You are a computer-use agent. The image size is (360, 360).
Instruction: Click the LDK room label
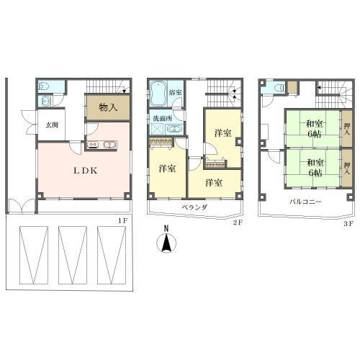pyautogui.click(x=86, y=171)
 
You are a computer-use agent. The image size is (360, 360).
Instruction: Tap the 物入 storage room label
pyautogui.click(x=108, y=107)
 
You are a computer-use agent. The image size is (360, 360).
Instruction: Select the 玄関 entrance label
pyautogui.click(x=52, y=125)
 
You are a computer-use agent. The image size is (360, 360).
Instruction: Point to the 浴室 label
pyautogui.click(x=175, y=92)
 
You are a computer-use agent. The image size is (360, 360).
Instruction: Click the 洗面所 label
pyautogui.click(x=163, y=119)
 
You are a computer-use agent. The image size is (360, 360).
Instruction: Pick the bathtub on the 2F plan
pyautogui.click(x=158, y=94)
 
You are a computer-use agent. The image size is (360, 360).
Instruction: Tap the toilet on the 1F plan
pyautogui.click(x=44, y=86)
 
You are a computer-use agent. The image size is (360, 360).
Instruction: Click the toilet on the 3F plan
pyautogui.click(x=279, y=89)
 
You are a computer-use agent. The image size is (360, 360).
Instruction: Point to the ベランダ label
pyautogui.click(x=194, y=207)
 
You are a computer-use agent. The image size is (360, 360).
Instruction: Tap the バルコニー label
pyautogui.click(x=305, y=202)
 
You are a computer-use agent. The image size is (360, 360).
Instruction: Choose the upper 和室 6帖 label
pyautogui.click(x=315, y=129)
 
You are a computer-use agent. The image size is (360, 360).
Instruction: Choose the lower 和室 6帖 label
pyautogui.click(x=315, y=168)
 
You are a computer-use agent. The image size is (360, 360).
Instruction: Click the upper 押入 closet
pyautogui.click(x=347, y=128)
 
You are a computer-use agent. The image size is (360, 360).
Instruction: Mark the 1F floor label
pyautogui.click(x=122, y=221)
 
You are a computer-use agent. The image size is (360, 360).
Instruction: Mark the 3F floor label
pyautogui.click(x=348, y=224)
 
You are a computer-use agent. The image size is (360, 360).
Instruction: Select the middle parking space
pyautogui.click(x=72, y=255)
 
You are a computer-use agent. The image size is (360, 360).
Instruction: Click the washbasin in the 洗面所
pyautogui.click(x=174, y=130)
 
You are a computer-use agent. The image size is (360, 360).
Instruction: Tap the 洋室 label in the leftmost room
pyautogui.click(x=167, y=168)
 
